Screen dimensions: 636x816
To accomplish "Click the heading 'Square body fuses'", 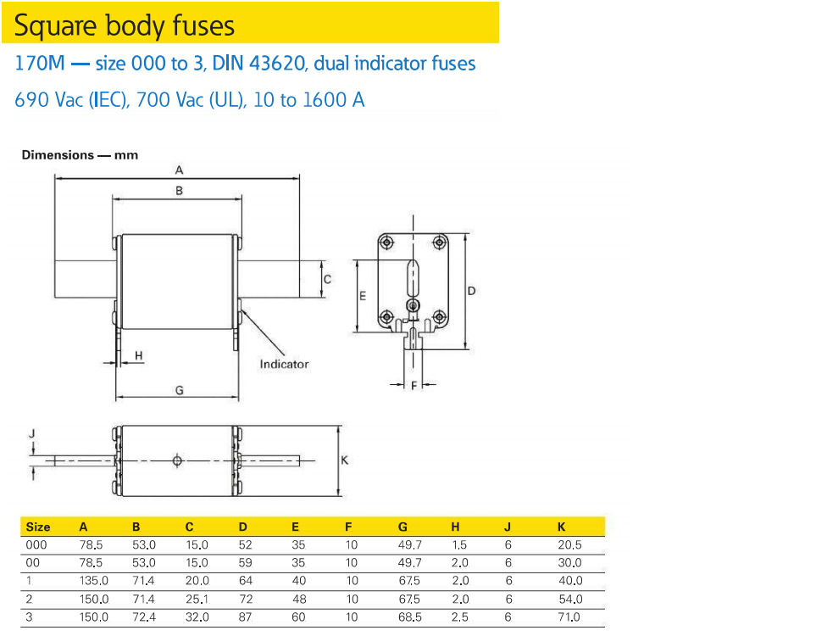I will pyautogui.click(x=124, y=25).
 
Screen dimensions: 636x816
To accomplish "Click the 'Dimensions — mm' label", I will pyautogui.click(x=80, y=155).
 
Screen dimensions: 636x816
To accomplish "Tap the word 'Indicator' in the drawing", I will pyautogui.click(x=284, y=364).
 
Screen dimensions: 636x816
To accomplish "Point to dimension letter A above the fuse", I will pyautogui.click(x=179, y=170).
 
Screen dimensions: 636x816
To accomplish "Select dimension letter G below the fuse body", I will pyautogui.click(x=179, y=390).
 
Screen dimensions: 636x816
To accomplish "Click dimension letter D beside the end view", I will pyautogui.click(x=472, y=291).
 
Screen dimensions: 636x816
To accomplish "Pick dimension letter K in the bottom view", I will pyautogui.click(x=344, y=460).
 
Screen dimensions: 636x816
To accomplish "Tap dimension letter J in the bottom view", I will pyautogui.click(x=32, y=433).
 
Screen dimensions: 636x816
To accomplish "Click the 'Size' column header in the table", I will pyautogui.click(x=38, y=527).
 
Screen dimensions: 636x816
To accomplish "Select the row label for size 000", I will pyautogui.click(x=36, y=545).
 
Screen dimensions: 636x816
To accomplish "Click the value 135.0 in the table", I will pyautogui.click(x=93, y=581).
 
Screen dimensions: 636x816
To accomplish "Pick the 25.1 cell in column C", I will pyautogui.click(x=197, y=600).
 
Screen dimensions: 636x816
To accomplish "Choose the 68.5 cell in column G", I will pyautogui.click(x=410, y=617).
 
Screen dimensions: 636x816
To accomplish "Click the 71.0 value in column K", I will pyautogui.click(x=569, y=617).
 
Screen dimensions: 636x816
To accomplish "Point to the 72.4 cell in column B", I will pyautogui.click(x=144, y=617).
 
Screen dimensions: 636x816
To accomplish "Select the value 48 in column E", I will pyautogui.click(x=297, y=600).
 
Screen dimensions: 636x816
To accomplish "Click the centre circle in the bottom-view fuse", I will pyautogui.click(x=177, y=460).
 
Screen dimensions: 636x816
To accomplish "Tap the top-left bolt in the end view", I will pyautogui.click(x=386, y=243).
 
